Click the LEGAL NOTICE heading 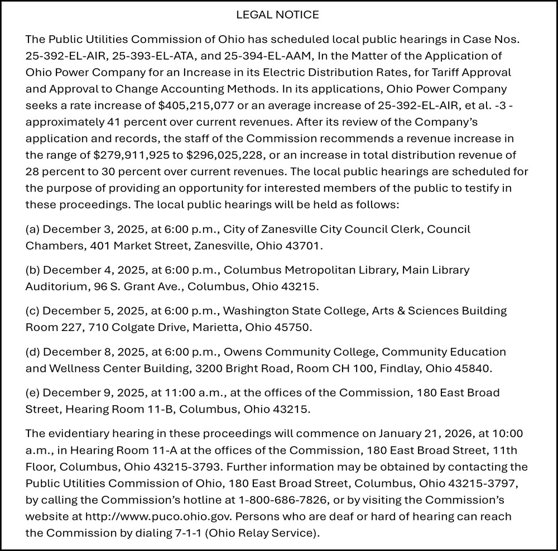coord(277,15)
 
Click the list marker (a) coord(32,229)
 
